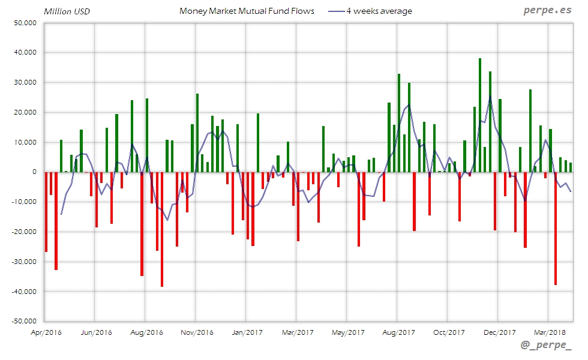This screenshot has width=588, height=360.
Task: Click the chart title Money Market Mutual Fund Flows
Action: click(x=247, y=11)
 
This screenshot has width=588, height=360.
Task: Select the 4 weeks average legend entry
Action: click(x=371, y=11)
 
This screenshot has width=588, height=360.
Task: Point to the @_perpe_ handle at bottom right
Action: click(x=546, y=346)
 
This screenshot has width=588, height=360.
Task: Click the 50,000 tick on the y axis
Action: click(x=25, y=23)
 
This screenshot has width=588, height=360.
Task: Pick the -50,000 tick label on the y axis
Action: click(x=23, y=322)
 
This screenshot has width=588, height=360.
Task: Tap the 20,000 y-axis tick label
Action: click(x=25, y=112)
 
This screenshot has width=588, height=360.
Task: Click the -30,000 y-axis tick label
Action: click(x=23, y=262)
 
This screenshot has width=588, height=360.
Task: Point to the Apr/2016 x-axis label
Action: click(x=46, y=332)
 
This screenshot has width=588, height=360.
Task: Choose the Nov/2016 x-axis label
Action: click(x=197, y=332)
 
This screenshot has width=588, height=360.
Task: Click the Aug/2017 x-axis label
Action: click(x=398, y=332)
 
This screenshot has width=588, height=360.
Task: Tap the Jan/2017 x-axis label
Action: click(x=247, y=332)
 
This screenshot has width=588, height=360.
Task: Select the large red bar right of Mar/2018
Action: click(x=556, y=228)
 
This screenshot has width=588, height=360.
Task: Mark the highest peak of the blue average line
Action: click(x=490, y=96)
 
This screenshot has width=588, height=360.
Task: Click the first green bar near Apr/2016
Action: click(x=61, y=156)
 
